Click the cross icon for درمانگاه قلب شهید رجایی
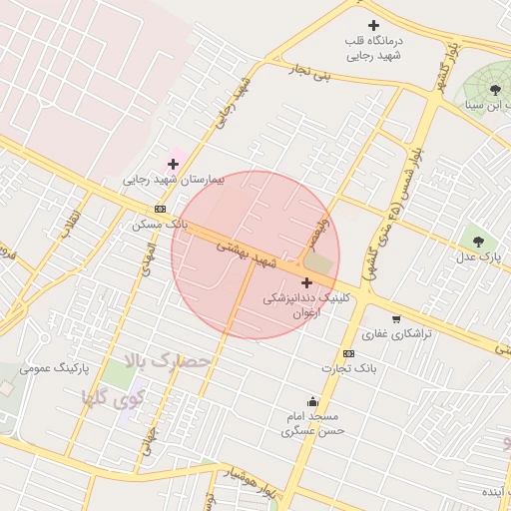click(x=374, y=25)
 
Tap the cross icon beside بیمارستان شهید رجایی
click(x=173, y=163)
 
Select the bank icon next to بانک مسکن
click(x=161, y=210)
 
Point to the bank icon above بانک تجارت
click(x=347, y=353)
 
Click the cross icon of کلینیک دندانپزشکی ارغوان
click(x=305, y=283)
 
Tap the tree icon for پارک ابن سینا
click(x=495, y=90)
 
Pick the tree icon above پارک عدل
click(x=478, y=241)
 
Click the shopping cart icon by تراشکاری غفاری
click(x=396, y=319)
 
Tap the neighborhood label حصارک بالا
click(x=168, y=359)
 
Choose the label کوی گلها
click(x=114, y=397)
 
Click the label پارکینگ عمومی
click(x=82, y=368)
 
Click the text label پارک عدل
click(x=478, y=257)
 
